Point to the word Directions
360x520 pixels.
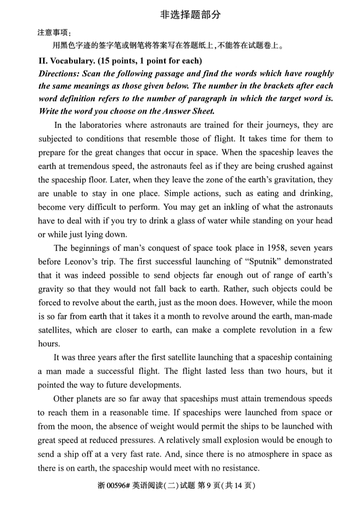[x=60, y=73]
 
